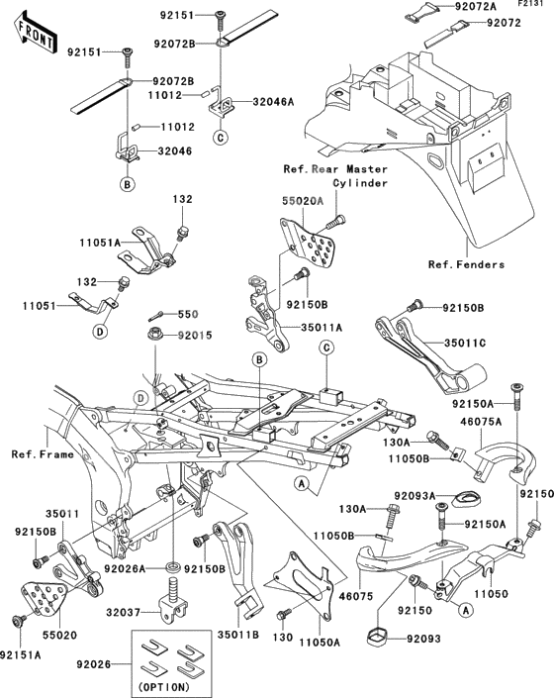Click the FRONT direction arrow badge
[30, 32]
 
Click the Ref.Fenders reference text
[466, 264]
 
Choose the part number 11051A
[130, 242]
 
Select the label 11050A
[317, 641]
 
